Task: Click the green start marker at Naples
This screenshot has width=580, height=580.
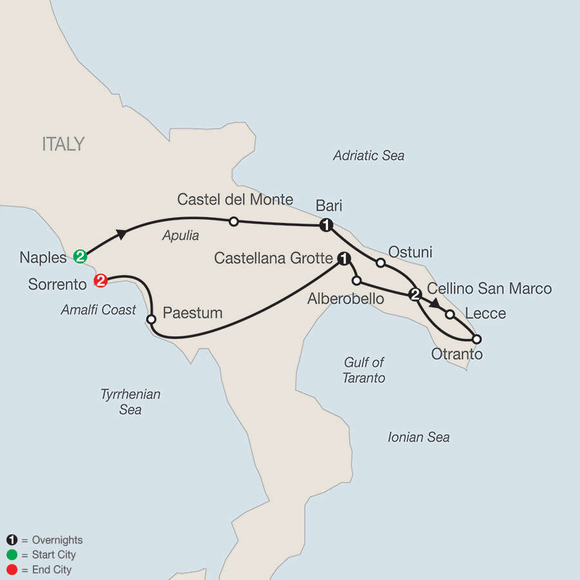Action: click(x=80, y=256)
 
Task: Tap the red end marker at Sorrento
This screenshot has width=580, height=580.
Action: click(x=100, y=281)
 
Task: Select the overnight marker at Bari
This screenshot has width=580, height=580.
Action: click(x=326, y=225)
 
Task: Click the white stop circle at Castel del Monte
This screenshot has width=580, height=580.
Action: click(x=234, y=221)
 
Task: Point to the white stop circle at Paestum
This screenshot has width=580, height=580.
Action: click(x=151, y=319)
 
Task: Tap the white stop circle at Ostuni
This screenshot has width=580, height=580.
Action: click(x=380, y=262)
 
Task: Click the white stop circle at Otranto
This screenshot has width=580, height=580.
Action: click(x=476, y=338)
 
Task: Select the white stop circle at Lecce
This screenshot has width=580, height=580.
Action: click(x=450, y=314)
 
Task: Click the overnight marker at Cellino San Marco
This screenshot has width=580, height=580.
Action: click(x=416, y=295)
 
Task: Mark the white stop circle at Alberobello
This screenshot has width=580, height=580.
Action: click(x=356, y=280)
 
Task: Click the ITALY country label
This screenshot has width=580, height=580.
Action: click(x=63, y=144)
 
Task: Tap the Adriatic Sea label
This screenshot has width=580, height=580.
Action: click(x=369, y=155)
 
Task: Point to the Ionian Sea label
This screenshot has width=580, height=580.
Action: click(x=418, y=438)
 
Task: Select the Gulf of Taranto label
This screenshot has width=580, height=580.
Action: click(x=364, y=371)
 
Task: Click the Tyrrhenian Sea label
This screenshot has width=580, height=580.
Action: click(x=130, y=401)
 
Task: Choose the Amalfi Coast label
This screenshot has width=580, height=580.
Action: click(x=98, y=310)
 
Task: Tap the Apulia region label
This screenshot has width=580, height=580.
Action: click(x=180, y=236)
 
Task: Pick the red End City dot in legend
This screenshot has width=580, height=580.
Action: click(x=11, y=570)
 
